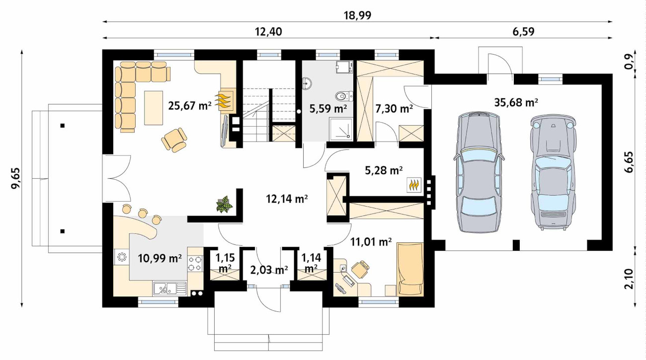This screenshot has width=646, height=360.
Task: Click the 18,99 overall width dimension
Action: [x=357, y=15]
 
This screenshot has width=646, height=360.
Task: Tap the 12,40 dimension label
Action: [x=268, y=32]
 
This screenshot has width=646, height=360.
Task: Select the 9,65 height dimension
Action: [x=15, y=178]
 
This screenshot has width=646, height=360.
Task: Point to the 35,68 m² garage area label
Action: [x=516, y=102]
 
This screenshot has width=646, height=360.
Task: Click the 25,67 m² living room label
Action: [x=190, y=106]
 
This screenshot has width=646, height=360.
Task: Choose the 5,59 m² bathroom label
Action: [x=328, y=109]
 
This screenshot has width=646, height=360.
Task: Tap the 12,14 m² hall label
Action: [x=287, y=199]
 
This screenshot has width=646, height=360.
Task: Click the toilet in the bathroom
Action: [x=344, y=95]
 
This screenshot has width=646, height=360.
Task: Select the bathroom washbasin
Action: [x=307, y=83]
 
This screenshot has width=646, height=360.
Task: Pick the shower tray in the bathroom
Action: [x=341, y=129]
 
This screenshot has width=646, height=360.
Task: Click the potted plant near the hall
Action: [x=225, y=205]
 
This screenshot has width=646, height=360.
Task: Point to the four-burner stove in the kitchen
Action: [x=195, y=264]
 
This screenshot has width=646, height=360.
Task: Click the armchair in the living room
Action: [x=174, y=140]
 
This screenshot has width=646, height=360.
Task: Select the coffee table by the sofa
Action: [x=154, y=108]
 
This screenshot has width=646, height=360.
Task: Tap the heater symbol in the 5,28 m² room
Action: [x=414, y=185]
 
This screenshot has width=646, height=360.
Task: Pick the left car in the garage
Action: [x=479, y=172]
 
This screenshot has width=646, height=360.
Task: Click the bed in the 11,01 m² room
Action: [x=410, y=270]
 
